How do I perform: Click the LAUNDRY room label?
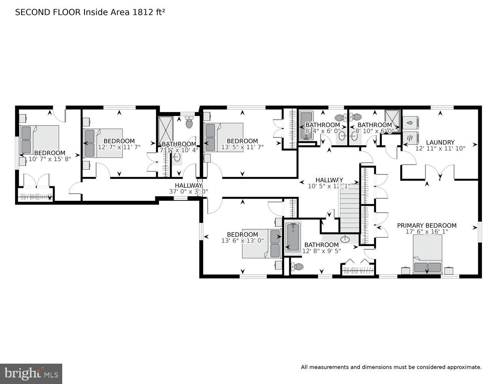click(x=440, y=142)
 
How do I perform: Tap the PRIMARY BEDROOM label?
click(x=427, y=225)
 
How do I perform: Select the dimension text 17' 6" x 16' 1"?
click(x=427, y=232)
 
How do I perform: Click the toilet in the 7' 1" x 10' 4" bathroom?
click(x=189, y=122)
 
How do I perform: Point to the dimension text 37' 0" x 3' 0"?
click(x=188, y=191)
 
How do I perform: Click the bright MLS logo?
click(x=31, y=373)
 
